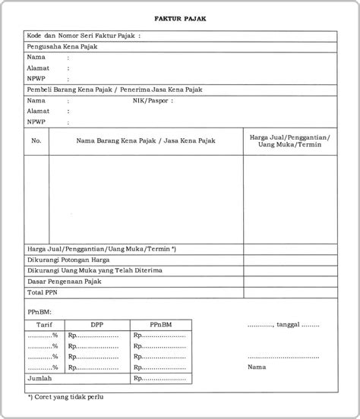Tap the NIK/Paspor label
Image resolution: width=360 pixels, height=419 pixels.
pyautogui.click(x=153, y=100)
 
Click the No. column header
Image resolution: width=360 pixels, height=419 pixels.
pyautogui.click(x=36, y=140)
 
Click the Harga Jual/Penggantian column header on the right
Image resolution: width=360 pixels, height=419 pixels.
pyautogui.click(x=289, y=140)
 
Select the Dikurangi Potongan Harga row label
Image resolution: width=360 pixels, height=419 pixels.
pyautogui.click(x=74, y=259)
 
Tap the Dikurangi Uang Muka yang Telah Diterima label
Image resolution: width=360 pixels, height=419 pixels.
pyautogui.click(x=93, y=269)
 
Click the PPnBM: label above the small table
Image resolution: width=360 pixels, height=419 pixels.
pyautogui.click(x=40, y=310)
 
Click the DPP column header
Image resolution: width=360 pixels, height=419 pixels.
pyautogui.click(x=97, y=323)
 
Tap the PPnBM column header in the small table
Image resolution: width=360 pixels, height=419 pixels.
pyautogui.click(x=160, y=323)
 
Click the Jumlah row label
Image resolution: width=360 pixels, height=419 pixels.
pyautogui.click(x=39, y=377)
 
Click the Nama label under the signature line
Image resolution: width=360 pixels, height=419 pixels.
pyautogui.click(x=257, y=367)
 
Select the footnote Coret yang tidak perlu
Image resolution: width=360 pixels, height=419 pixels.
pyautogui.click(x=65, y=396)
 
